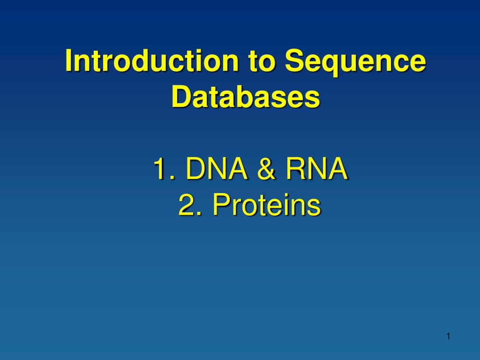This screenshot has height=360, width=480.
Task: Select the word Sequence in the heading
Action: [x=355, y=63]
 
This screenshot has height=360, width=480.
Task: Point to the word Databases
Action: [x=246, y=96]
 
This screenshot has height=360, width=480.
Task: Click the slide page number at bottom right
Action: [x=448, y=337]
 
